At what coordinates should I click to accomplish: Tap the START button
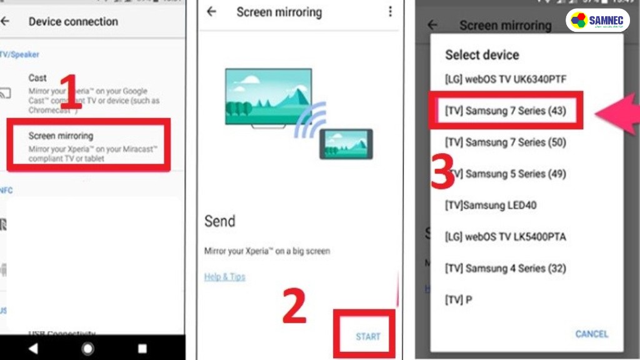click(x=367, y=336)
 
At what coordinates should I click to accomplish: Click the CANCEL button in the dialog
click(x=591, y=334)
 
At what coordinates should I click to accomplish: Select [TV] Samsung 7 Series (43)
click(x=506, y=111)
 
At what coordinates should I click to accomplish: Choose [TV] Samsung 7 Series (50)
click(x=506, y=142)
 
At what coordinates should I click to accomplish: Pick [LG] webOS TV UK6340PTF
click(x=506, y=79)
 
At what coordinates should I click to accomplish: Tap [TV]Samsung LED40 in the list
click(x=491, y=205)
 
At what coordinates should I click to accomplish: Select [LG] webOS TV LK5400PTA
click(x=506, y=237)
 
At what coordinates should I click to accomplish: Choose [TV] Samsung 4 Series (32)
click(x=506, y=268)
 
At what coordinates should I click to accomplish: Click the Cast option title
click(x=37, y=77)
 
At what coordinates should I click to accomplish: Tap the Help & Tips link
click(x=224, y=276)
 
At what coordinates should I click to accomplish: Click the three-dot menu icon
click(x=390, y=12)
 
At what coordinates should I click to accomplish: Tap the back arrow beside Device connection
click(x=5, y=21)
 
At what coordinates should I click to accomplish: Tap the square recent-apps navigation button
click(x=142, y=348)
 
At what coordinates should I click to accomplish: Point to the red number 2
click(x=294, y=307)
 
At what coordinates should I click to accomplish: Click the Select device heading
click(x=482, y=54)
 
